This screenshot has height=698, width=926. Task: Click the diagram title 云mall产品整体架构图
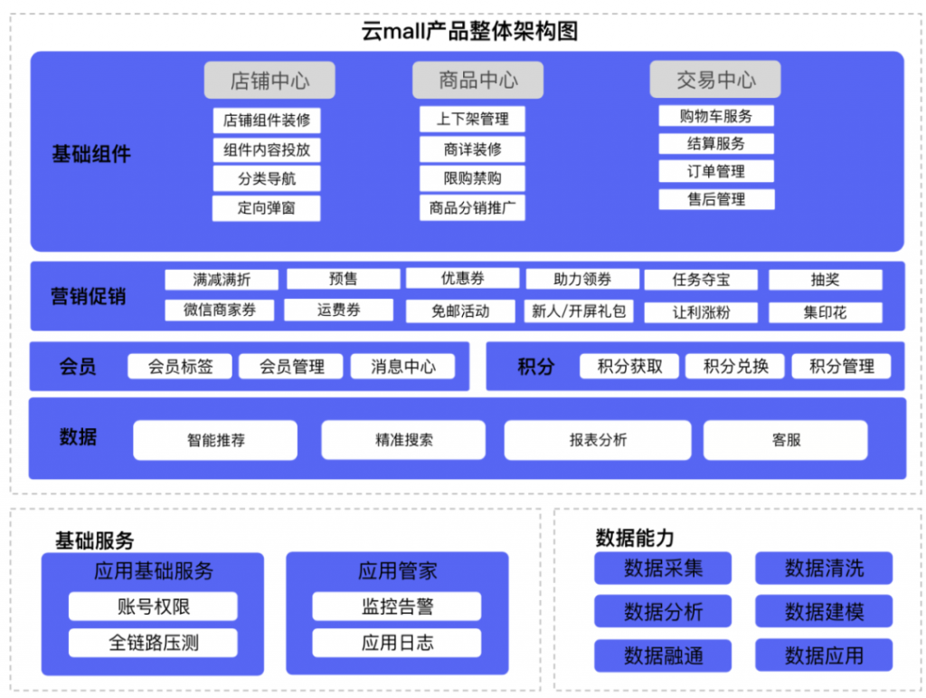[469, 31]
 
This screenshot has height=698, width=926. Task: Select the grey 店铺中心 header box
[269, 81]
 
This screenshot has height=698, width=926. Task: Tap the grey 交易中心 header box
[715, 79]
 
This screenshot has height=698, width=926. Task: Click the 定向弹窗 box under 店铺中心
[267, 208]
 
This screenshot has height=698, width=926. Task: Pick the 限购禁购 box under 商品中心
[472, 178]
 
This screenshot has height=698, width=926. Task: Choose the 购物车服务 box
[716, 116]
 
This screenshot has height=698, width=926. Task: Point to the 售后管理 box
[716, 199]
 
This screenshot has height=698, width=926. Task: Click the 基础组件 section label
[91, 154]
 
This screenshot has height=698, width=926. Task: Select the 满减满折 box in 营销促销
[222, 280]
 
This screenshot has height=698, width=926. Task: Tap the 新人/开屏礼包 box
[579, 311]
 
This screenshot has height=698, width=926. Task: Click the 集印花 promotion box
[825, 312]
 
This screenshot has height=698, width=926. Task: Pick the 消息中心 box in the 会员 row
[402, 367]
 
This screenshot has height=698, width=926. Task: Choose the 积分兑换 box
[735, 367]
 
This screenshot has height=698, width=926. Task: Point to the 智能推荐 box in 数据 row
[215, 440]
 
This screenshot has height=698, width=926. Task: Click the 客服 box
[786, 440]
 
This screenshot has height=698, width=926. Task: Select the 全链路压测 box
[153, 643]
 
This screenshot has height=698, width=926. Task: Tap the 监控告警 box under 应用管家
[397, 607]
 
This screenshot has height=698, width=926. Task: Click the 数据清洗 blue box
[824, 568]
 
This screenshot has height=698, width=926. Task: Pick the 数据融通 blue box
[663, 655]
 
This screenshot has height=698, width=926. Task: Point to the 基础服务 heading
[94, 540]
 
